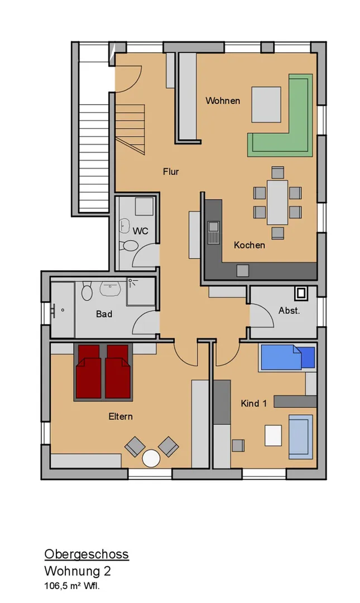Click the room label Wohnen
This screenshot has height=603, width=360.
click(223, 100)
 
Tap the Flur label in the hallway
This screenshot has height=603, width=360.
click(171, 171)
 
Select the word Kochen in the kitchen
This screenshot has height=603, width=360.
click(249, 245)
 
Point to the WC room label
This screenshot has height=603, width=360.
click(141, 231)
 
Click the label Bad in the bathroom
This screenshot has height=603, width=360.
click(104, 314)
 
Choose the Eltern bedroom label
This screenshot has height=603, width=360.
click(121, 417)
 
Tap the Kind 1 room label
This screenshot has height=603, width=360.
click(253, 404)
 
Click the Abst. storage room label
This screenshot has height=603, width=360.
click(289, 311)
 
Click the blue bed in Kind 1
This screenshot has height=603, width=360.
click(287, 358)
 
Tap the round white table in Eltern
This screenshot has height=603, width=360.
click(151, 458)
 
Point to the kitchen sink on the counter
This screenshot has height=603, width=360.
click(213, 232)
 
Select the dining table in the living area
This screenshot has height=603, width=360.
click(278, 202)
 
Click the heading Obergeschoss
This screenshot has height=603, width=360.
click(87, 554)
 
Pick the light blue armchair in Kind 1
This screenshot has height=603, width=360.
click(301, 437)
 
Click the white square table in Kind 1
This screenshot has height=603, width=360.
click(273, 435)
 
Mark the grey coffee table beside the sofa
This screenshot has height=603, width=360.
click(266, 104)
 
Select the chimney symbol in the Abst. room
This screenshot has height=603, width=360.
click(301, 294)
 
